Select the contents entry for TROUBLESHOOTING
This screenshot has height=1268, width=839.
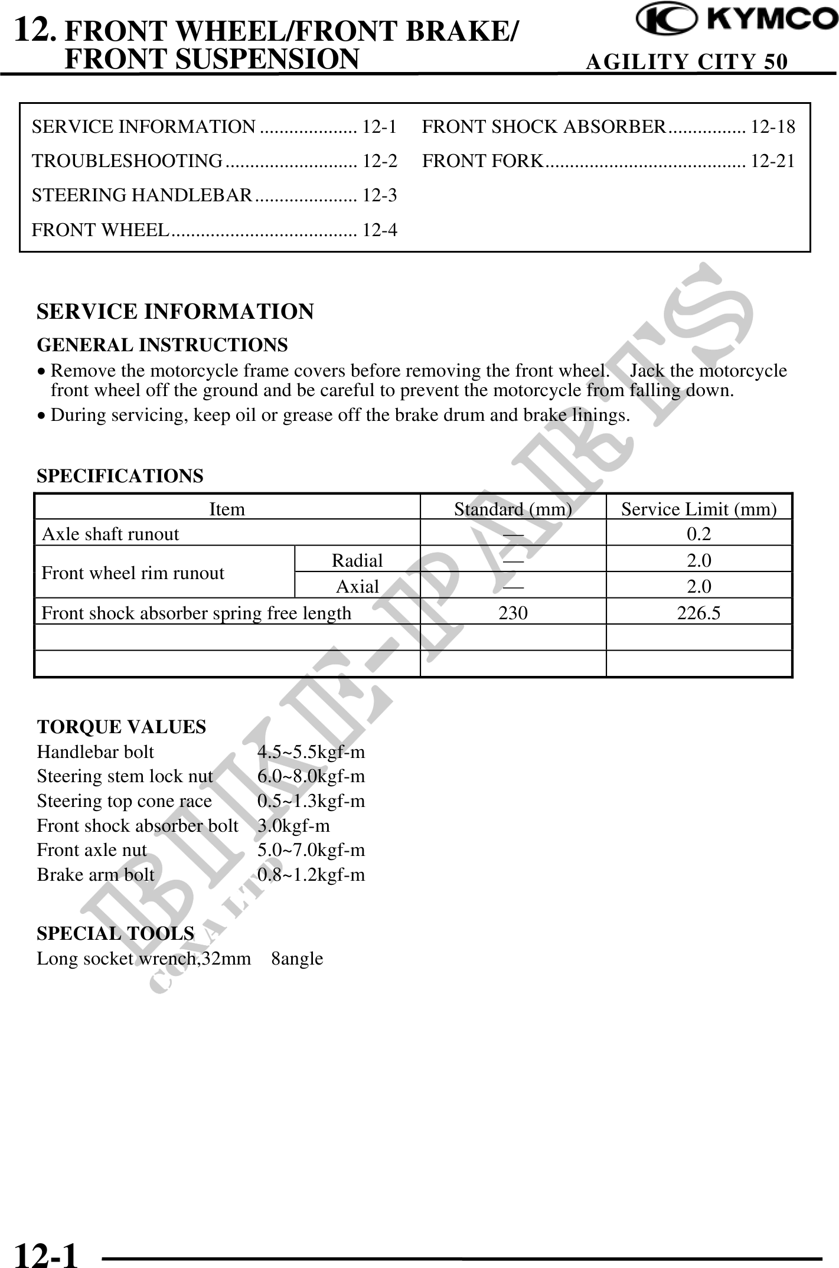128,161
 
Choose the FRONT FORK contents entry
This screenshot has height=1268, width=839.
482,161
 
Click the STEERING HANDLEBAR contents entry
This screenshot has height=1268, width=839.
142,195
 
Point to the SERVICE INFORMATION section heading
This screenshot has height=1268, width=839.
175,311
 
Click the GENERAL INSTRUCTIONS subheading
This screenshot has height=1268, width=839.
162,345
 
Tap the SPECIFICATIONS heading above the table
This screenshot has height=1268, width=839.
120,476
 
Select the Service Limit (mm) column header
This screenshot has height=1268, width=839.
698,509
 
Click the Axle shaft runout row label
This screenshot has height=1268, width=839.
110,534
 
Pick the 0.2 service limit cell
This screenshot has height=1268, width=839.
698,534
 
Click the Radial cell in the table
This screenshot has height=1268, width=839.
357,560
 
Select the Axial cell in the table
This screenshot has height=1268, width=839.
357,586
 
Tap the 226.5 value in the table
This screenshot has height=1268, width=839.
698,613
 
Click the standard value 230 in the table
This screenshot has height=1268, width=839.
513,613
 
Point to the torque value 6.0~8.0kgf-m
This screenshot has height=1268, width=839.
311,776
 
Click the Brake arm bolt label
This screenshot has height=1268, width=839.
95,874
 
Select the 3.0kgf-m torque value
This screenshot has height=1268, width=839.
293,825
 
